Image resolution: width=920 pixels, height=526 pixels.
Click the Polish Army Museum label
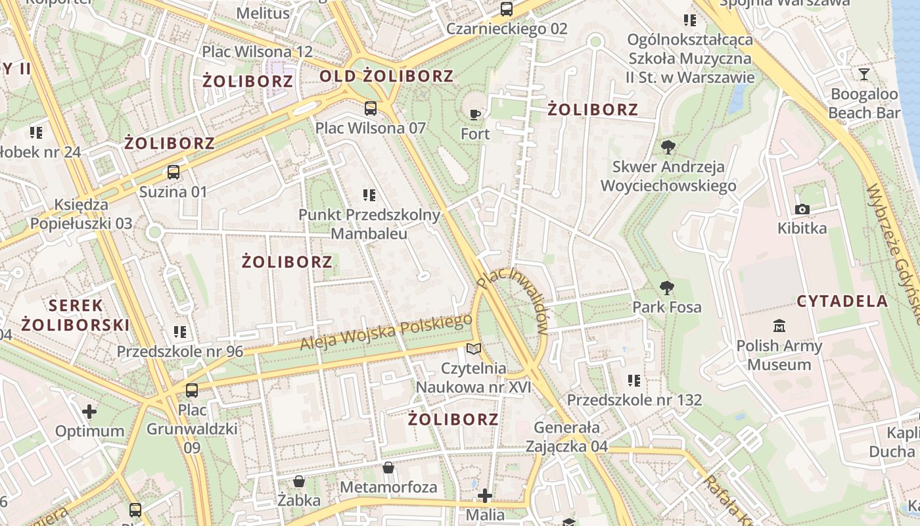click(x=779, y=355)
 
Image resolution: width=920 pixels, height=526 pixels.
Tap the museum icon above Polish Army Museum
click(x=779, y=325)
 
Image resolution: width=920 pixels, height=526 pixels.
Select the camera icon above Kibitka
click(x=802, y=209)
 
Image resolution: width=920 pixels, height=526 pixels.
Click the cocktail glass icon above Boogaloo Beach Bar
click(x=863, y=74)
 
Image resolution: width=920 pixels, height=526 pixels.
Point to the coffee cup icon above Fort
click(x=475, y=114)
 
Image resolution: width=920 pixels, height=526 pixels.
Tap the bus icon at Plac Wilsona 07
click(x=371, y=108)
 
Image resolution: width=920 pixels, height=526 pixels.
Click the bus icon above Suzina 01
click(x=173, y=172)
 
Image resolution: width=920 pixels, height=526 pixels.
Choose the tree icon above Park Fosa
click(x=667, y=287)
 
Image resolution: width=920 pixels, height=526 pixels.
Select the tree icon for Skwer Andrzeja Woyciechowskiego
click(x=668, y=147)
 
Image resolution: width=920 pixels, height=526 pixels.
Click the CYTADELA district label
click(x=842, y=302)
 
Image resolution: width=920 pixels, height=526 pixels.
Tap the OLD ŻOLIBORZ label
click(x=386, y=76)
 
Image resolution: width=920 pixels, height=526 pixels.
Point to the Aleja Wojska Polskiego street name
click(x=386, y=332)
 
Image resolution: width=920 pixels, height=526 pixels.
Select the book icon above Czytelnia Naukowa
click(x=473, y=348)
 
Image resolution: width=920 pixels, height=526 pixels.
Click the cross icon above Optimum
click(x=89, y=412)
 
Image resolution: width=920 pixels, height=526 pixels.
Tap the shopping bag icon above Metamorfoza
click(x=388, y=467)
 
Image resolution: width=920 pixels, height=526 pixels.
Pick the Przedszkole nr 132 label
click(x=634, y=400)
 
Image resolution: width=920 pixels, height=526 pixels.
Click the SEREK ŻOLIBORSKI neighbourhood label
click(x=76, y=315)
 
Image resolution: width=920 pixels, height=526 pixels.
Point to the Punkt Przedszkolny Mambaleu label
click(x=369, y=224)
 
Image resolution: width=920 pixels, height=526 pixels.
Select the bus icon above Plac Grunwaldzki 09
click(x=192, y=391)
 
